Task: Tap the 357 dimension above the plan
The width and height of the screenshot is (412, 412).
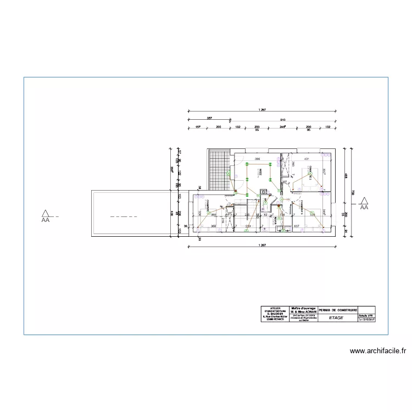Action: pyautogui.click(x=209, y=119)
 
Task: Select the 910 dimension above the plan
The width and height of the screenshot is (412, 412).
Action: pyautogui.click(x=282, y=119)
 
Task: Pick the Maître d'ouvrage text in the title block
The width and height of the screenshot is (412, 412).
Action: pyautogui.click(x=303, y=309)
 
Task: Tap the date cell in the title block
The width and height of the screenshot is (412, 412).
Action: pyautogui.click(x=366, y=320)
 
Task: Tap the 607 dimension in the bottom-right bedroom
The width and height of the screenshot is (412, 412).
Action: pyautogui.click(x=296, y=226)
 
